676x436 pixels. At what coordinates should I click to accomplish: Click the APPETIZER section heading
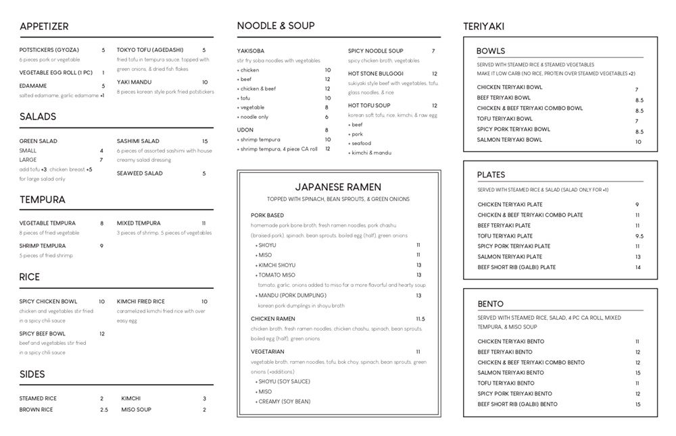click(x=44, y=26)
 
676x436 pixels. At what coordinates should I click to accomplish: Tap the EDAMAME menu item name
click(x=33, y=86)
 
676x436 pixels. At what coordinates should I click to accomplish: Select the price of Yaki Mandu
click(x=205, y=82)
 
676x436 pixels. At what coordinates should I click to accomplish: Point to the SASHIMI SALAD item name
click(x=138, y=141)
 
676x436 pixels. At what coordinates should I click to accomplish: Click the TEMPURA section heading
click(x=42, y=200)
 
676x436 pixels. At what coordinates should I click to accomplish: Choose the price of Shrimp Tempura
click(x=102, y=246)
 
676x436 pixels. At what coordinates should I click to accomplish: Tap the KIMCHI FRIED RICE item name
click(x=141, y=301)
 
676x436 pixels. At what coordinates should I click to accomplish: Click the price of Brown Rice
click(x=103, y=410)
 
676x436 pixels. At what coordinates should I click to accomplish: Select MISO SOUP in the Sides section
click(x=136, y=410)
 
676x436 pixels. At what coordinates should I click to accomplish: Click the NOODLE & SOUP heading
click(x=275, y=26)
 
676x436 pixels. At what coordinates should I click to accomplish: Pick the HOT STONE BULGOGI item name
click(x=376, y=74)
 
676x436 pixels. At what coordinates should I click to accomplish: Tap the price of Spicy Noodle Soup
click(x=433, y=51)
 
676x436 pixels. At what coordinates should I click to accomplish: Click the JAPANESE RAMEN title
click(x=338, y=187)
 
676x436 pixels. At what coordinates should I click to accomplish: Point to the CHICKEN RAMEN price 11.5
click(x=420, y=319)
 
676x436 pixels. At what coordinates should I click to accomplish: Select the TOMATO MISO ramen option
click(x=277, y=275)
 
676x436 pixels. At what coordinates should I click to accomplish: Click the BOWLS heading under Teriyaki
click(x=490, y=51)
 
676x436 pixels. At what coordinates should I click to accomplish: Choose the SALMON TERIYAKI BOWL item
click(x=509, y=140)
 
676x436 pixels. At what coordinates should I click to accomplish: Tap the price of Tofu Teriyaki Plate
click(x=639, y=236)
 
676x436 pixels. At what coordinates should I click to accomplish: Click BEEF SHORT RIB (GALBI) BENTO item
click(x=517, y=404)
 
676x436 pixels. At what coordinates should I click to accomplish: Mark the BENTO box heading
click(x=490, y=304)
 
